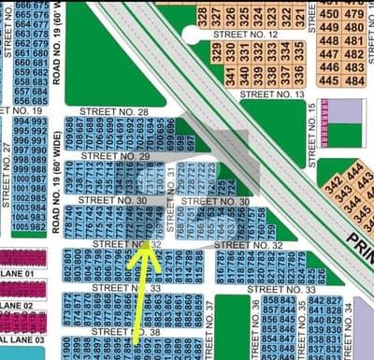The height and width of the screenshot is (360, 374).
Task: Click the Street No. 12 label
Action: pyautogui.click(x=246, y=34)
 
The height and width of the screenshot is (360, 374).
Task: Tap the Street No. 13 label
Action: pyautogui.click(x=272, y=94)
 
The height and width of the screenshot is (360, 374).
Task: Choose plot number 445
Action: pyautogui.click(x=328, y=80)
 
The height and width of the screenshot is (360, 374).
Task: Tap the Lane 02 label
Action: pyautogui.click(x=19, y=306)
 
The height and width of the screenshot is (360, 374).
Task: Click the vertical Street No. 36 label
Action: pyautogui.click(x=256, y=323)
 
